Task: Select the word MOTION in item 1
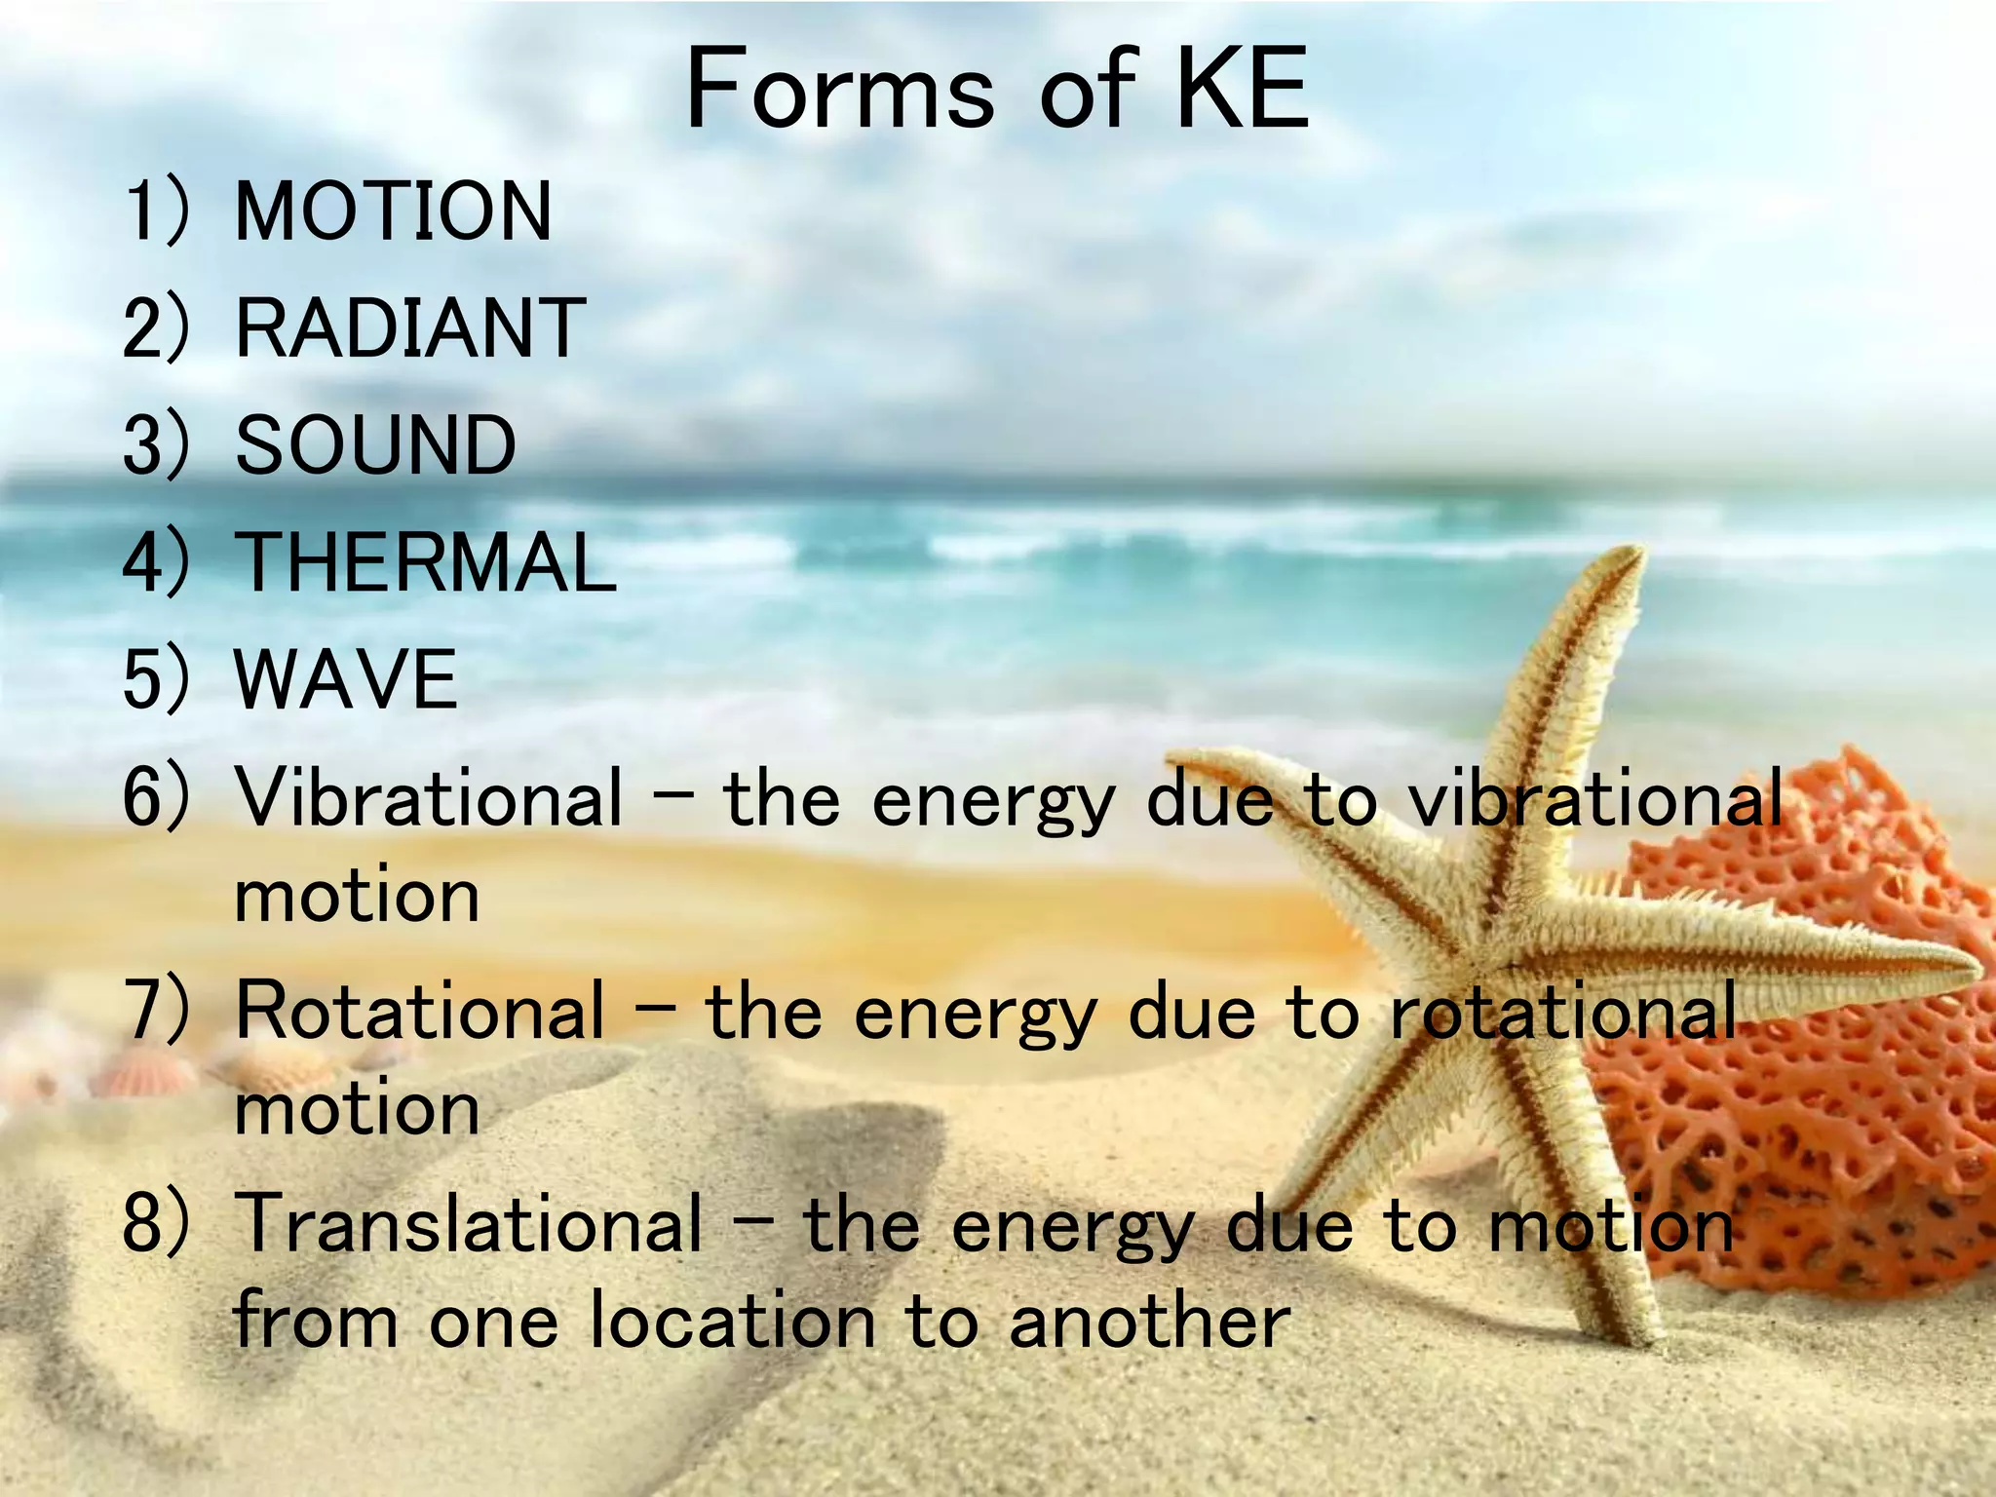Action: point(394,211)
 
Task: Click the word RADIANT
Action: point(410,328)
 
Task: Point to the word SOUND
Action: point(376,445)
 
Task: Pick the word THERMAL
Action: point(426,562)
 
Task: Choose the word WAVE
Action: point(346,679)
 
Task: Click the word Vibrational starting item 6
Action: point(429,797)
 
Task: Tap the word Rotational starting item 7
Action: point(420,1011)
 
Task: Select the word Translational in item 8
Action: point(469,1223)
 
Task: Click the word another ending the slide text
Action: point(1150,1323)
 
